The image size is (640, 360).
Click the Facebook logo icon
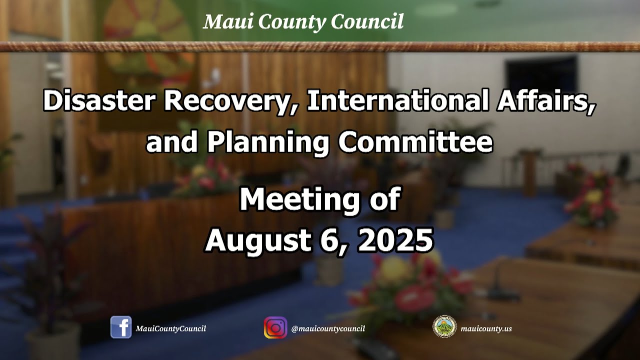click(x=121, y=327)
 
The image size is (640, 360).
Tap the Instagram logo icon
click(x=275, y=328)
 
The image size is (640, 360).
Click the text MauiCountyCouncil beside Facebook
click(x=170, y=328)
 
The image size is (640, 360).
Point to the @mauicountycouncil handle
click(x=328, y=328)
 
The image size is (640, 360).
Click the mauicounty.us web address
click(x=486, y=328)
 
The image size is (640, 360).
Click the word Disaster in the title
click(x=98, y=101)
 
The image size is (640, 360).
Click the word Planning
click(x=268, y=142)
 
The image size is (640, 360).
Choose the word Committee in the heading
click(x=415, y=142)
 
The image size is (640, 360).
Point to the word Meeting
click(x=298, y=199)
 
